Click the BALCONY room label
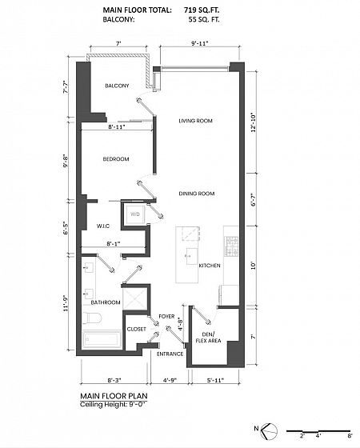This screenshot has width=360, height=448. pos(117,86)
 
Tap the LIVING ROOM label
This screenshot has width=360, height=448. pos(195,121)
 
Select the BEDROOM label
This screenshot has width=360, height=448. pos(116,159)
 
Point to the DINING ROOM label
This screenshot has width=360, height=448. pos(197,194)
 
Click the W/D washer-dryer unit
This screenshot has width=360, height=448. pos(135,214)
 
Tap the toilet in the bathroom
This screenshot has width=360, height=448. pos(92,318)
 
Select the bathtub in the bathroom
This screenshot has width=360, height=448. pos(102,339)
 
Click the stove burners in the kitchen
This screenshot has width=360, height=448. pos(231,246)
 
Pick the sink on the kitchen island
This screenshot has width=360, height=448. pos(191,256)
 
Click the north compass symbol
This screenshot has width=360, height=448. pos(270,430)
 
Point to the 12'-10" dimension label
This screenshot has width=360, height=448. pos(254,123)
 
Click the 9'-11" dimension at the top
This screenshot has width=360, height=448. pos(200,44)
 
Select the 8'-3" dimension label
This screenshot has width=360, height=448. pos(114,380)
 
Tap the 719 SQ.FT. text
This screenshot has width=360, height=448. pos(202,10)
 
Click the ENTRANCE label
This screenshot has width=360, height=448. pos(170,354)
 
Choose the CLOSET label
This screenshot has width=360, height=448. pos(136,329)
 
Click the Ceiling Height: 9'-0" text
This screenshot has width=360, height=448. pos(114,405)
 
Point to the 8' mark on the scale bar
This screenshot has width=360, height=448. pos(350,436)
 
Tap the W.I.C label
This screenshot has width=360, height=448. pos(103,226)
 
